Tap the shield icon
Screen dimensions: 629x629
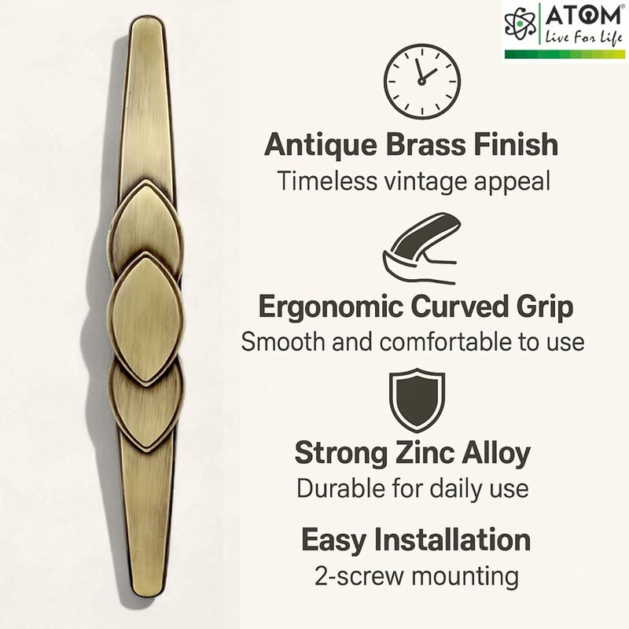(x=417, y=400)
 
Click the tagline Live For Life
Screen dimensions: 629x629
(x=580, y=37)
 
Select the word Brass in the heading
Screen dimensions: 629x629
(x=432, y=145)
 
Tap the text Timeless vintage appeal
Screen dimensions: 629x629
(x=412, y=181)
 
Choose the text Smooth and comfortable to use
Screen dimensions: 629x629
(x=412, y=342)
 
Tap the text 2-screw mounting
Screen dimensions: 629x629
(x=415, y=576)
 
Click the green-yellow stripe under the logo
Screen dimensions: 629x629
(x=564, y=54)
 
